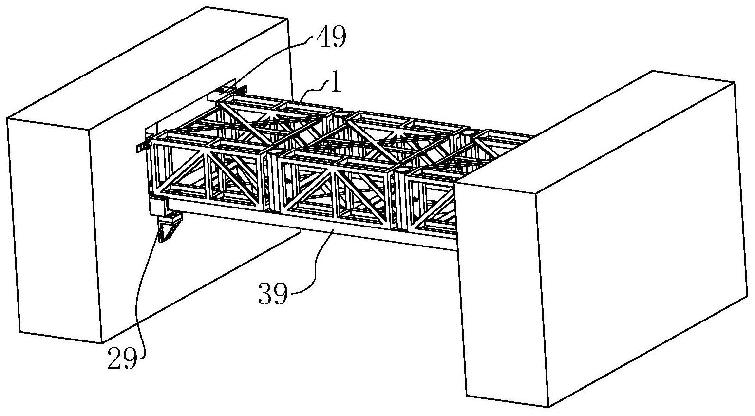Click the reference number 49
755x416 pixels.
tap(331, 37)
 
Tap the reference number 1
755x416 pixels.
tap(336, 81)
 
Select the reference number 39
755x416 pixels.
tap(273, 294)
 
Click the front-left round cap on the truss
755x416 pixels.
tap(276, 151)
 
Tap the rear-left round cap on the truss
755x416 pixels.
tap(342, 114)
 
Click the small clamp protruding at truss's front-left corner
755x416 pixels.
tap(143, 147)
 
